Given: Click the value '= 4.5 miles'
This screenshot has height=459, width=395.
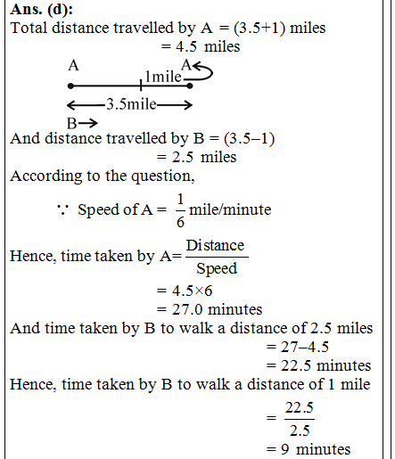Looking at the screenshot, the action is point(200,45).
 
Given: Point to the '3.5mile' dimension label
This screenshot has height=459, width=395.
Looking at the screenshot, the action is point(131,104).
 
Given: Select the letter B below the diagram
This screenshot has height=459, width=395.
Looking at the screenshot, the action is point(71,122).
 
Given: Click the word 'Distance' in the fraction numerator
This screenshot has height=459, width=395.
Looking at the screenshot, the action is point(215,245).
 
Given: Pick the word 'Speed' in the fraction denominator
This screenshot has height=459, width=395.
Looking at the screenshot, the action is point(215,268).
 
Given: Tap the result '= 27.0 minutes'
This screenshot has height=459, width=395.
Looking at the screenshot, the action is point(209,309).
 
